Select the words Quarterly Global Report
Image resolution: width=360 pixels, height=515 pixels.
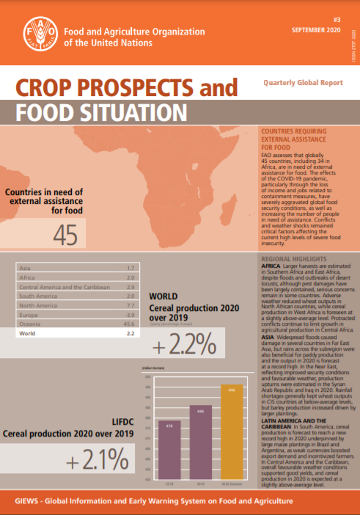click(x=301, y=83)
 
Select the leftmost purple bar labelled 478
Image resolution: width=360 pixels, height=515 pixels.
click(x=168, y=448)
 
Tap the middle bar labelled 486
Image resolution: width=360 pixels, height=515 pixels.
click(x=199, y=440)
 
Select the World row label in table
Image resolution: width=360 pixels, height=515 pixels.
click(x=26, y=313)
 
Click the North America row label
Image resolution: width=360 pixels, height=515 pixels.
click(x=37, y=282)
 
